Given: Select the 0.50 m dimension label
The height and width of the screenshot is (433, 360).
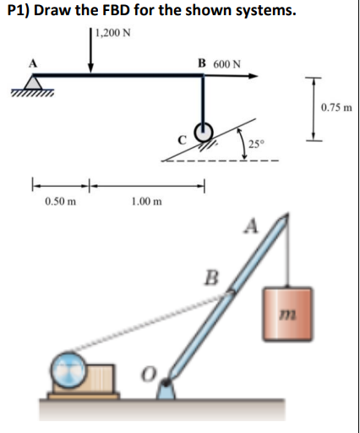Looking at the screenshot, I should [59, 202].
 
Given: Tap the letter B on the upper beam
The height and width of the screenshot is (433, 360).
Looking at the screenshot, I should [202, 63].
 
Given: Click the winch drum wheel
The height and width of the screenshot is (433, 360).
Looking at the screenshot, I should [68, 370].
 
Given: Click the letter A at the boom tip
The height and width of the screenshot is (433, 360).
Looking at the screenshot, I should [251, 226].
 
